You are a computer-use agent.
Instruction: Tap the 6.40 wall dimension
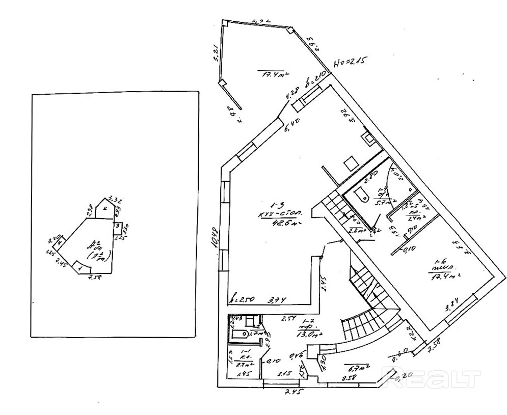click(291, 123)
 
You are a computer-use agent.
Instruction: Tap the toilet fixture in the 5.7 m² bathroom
click(361, 193)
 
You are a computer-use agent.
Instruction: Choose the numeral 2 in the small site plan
click(104, 208)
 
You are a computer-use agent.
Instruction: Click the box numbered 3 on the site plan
click(117, 226)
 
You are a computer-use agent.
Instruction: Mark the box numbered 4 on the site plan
click(59, 244)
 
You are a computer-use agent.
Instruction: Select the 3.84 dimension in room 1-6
click(453, 307)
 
